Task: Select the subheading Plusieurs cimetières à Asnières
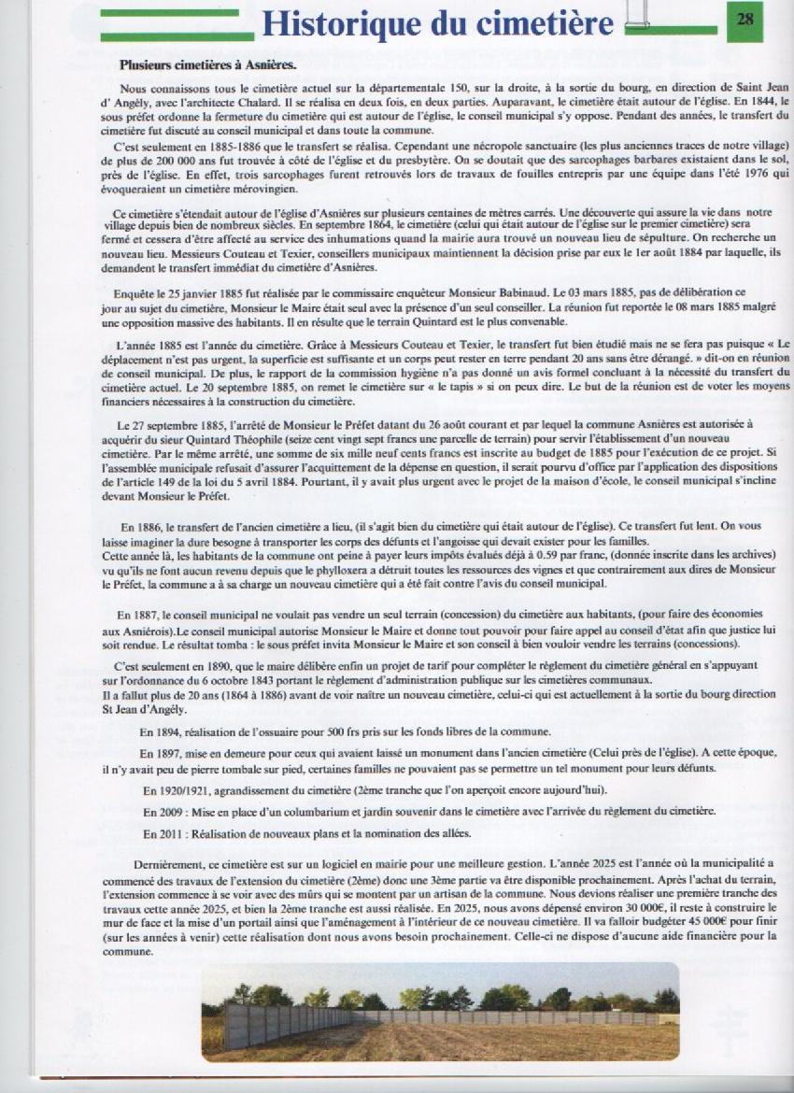(x=207, y=65)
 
